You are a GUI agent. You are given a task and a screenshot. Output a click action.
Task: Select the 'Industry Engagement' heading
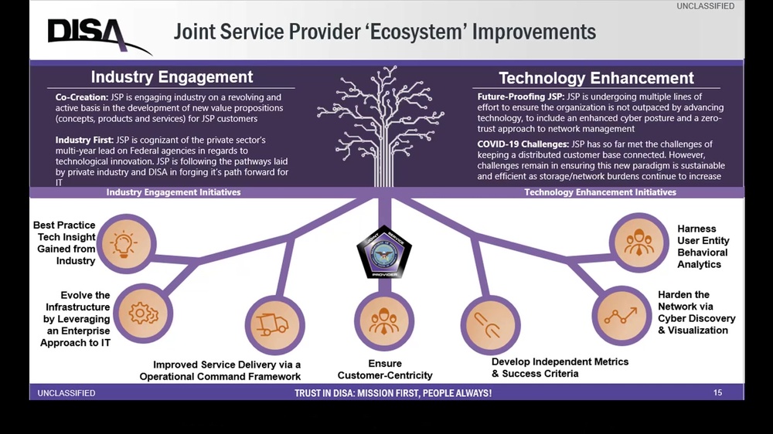point(172,77)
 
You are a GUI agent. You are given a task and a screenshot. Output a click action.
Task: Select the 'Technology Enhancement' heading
point(596,78)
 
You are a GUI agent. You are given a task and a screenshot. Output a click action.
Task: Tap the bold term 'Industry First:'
point(84,140)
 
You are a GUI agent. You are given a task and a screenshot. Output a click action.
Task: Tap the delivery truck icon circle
point(271,324)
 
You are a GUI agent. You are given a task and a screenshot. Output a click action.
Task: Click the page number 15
point(717,393)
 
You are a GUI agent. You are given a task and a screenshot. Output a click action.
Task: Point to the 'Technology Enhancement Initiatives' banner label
point(600,192)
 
